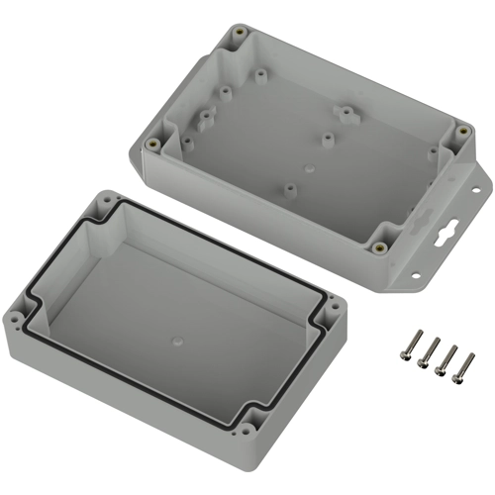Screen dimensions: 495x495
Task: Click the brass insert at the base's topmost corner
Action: [240, 35]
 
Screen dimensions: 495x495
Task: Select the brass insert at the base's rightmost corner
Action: [460, 131]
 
